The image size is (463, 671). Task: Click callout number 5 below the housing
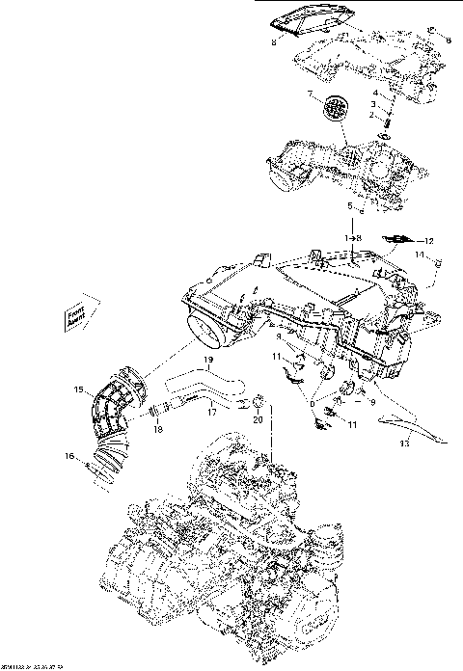click(350, 206)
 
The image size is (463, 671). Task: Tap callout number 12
click(430, 240)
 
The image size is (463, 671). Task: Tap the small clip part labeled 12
click(397, 237)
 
